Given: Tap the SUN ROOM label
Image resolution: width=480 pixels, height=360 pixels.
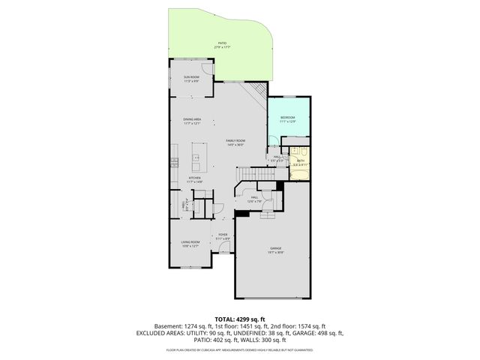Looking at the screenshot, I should [191, 77].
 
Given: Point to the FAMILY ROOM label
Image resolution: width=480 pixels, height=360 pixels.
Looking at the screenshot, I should [235, 142].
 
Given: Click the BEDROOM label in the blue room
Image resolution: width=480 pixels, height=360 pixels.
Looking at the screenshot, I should [288, 118].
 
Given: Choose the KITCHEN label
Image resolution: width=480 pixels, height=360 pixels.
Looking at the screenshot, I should [195, 178].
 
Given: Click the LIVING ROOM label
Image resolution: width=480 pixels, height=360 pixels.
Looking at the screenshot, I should [190, 242].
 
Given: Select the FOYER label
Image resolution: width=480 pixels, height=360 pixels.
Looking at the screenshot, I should [223, 235].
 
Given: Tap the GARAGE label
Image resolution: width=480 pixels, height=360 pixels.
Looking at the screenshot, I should [277, 250].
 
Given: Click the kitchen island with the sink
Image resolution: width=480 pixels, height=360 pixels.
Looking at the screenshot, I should [198, 154].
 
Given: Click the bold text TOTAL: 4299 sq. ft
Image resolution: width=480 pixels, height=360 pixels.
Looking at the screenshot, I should [239, 319].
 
